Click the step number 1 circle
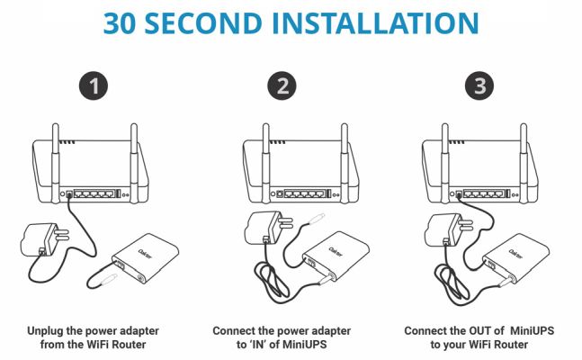point(94,85)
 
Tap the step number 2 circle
point(282,85)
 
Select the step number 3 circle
point(479,85)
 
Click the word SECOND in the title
point(203,23)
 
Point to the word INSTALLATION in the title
point(375,23)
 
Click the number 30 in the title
point(119,23)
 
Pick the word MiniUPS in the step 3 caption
point(533,330)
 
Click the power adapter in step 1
point(45,239)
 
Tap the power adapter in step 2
point(268,228)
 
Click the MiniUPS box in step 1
point(146,258)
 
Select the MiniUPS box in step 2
point(336,256)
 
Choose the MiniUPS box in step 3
point(515,258)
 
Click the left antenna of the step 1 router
point(56,163)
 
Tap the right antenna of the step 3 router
point(524,163)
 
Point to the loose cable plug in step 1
point(110,279)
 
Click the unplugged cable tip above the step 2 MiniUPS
point(317,218)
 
